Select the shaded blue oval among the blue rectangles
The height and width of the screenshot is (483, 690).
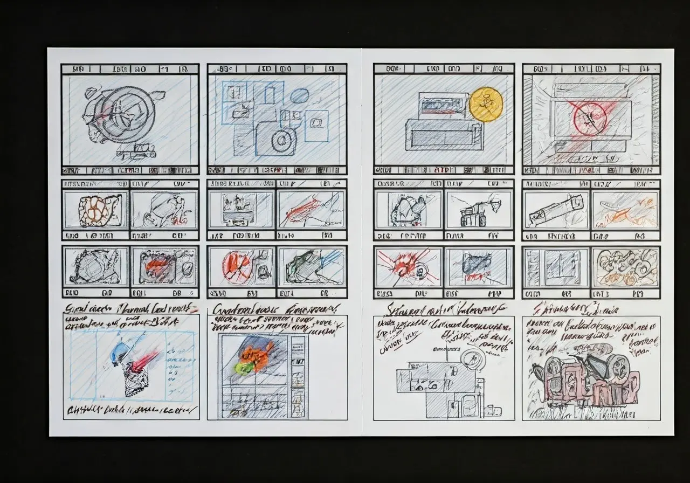tap(299, 96)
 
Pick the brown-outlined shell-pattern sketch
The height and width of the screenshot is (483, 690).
tap(96, 210)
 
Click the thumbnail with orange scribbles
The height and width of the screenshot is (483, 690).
tap(625, 209)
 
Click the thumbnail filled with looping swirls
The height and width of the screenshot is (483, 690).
tap(625, 265)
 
